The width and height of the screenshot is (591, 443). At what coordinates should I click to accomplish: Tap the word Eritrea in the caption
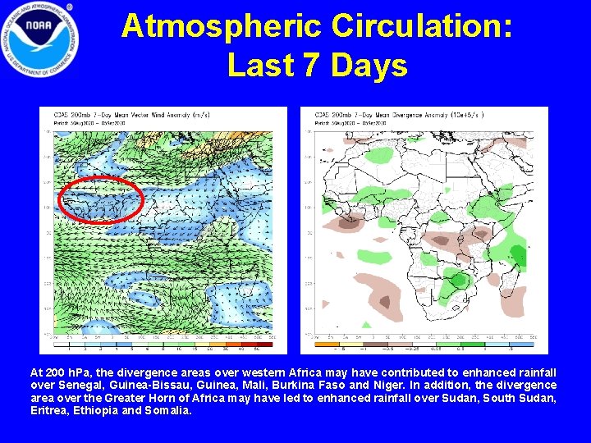[x=49, y=409]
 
